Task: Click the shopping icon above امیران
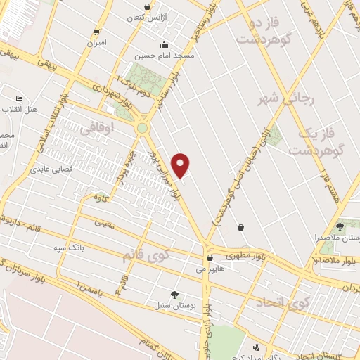click(96, 32)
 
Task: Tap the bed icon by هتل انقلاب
click(19, 98)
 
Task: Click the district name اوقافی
click(95, 129)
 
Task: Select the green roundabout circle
click(143, 129)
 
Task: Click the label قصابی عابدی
click(48, 169)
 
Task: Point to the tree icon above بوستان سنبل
click(174, 294)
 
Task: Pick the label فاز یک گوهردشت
click(314, 141)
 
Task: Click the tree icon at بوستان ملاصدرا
click(340, 226)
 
